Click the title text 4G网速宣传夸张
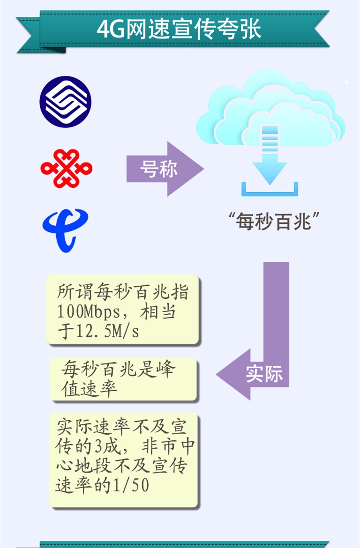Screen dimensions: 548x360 pos(179,30)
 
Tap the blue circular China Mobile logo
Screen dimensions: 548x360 pos(65,102)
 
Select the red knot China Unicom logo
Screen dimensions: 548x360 pos(66,168)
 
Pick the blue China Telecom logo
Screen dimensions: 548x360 pos(65,230)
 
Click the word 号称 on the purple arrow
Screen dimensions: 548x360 pos(159,169)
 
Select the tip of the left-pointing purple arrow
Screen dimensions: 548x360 pos(218,375)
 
